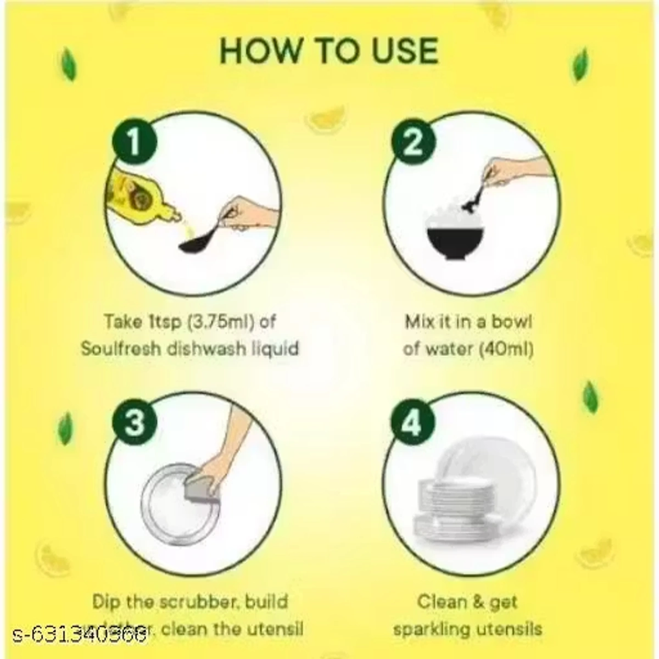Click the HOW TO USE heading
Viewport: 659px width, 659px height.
point(329,51)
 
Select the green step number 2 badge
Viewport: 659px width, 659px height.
point(413,143)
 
